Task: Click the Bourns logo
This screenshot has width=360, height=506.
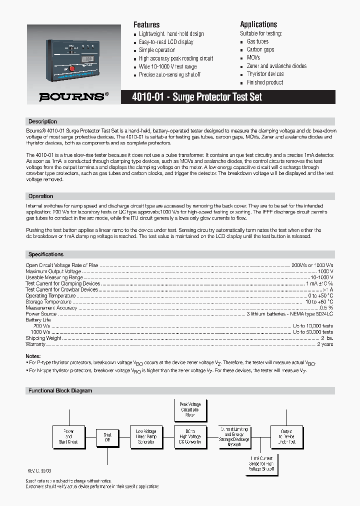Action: (73, 97)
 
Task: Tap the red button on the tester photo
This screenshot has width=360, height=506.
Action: (71, 69)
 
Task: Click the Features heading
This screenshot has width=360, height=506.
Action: (146, 24)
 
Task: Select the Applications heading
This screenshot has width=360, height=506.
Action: (258, 24)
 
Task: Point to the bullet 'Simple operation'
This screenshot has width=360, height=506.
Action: (157, 50)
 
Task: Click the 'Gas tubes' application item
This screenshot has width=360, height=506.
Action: (257, 42)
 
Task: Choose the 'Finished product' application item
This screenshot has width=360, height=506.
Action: (264, 82)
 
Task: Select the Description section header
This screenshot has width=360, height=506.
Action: (43, 121)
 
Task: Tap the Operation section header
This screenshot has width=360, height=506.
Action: (40, 196)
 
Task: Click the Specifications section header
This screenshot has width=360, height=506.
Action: (46, 254)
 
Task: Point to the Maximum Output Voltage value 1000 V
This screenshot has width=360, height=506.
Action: (324, 271)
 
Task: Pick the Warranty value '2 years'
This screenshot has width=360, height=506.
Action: (325, 344)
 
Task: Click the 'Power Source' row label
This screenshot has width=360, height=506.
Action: (41, 314)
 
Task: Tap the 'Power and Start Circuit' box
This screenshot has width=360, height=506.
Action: (69, 436)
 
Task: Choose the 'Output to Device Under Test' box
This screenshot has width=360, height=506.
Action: (286, 436)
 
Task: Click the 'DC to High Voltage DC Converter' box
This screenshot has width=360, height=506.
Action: (190, 436)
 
